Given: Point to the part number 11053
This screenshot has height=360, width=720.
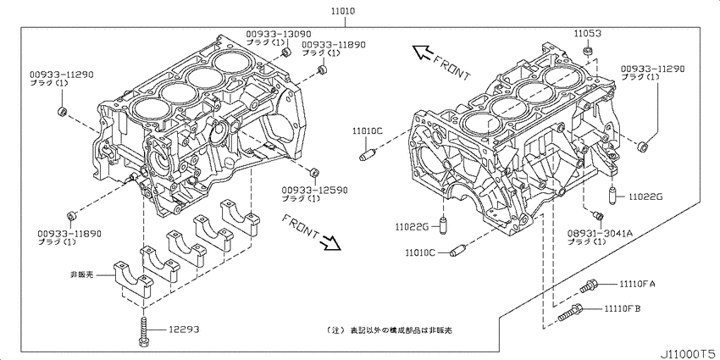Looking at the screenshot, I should [587, 33].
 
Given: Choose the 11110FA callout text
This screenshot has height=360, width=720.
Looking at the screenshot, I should [638, 283].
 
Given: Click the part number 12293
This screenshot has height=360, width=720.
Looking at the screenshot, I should [185, 329].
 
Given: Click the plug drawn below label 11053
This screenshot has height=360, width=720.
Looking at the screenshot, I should [585, 53].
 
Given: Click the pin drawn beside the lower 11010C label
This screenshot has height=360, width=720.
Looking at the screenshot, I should [457, 251].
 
